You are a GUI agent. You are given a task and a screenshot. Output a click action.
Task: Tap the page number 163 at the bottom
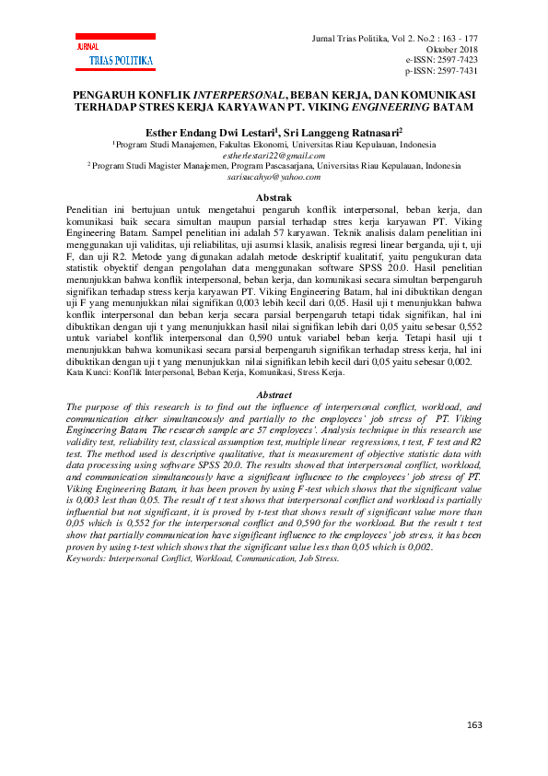click(x=474, y=725)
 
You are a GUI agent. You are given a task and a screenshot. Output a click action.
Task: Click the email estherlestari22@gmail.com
click(x=274, y=156)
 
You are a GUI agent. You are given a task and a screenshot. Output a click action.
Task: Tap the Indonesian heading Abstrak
click(x=274, y=198)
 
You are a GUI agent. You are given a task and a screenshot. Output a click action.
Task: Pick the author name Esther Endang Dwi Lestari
click(x=201, y=133)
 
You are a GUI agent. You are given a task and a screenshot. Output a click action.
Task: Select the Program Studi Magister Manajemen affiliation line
click(x=274, y=166)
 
